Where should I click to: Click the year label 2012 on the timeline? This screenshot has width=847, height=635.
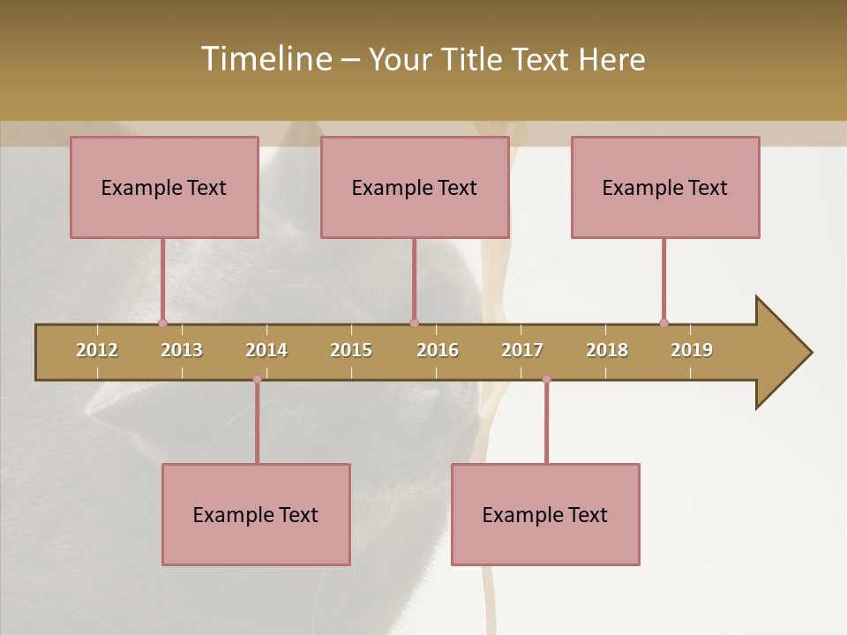[97, 350]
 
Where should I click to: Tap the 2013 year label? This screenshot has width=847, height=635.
[182, 350]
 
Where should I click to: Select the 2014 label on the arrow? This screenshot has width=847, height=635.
[266, 350]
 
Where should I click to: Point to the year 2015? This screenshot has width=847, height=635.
[351, 350]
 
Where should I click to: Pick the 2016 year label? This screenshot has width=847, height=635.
[438, 350]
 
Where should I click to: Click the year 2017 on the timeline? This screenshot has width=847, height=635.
[522, 350]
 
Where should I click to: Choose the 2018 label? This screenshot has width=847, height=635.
[607, 350]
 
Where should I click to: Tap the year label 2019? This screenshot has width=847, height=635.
[692, 350]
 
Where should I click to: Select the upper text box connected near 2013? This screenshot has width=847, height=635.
[164, 187]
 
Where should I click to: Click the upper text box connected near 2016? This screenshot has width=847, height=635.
[415, 187]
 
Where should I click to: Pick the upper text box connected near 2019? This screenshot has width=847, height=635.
[665, 187]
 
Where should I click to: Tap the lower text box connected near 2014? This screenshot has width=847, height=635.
[256, 514]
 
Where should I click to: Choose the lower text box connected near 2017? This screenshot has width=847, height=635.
[545, 514]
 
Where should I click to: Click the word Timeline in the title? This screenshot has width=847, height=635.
[266, 59]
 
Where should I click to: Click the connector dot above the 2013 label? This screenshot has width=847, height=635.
[162, 323]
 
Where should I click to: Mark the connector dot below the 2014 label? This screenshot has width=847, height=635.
[257, 379]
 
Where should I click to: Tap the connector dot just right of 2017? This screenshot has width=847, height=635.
[546, 379]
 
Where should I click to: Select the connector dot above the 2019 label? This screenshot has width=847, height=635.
[663, 323]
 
